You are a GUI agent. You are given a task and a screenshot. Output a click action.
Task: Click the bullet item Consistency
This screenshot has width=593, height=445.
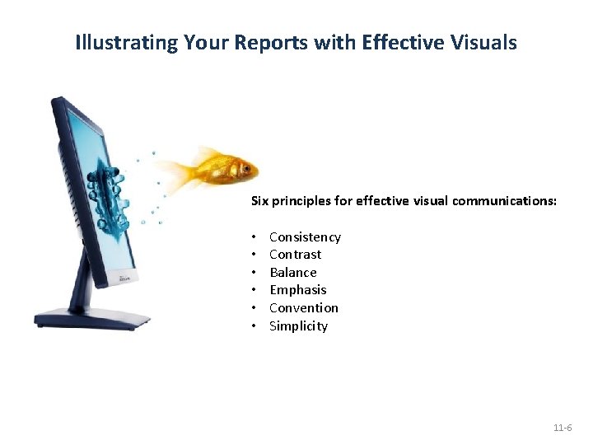[x=305, y=237]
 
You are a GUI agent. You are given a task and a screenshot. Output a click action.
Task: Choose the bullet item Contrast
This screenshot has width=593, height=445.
[x=295, y=255]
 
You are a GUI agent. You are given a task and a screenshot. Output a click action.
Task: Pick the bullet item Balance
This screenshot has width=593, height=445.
[x=292, y=273]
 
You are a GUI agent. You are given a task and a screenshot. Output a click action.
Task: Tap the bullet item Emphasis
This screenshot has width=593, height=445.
[x=297, y=290]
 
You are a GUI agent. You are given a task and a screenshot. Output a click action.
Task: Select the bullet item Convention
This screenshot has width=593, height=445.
[x=303, y=308]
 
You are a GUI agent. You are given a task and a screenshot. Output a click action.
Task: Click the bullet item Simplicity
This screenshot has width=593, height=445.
[x=298, y=326]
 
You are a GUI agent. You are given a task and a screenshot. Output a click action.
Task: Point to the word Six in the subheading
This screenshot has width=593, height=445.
[x=260, y=200]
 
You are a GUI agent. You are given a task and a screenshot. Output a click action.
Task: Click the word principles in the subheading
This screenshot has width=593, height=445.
[x=301, y=200]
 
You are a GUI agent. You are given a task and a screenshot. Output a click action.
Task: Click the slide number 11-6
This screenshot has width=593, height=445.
[x=563, y=429]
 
